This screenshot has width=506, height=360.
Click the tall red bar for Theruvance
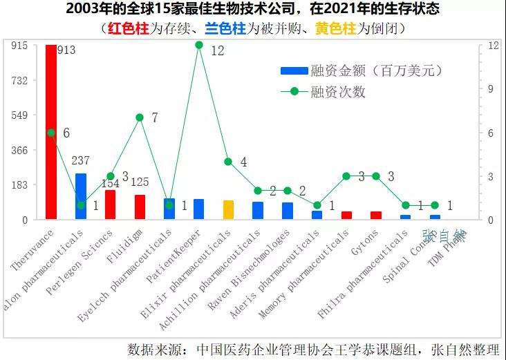[x=51, y=131]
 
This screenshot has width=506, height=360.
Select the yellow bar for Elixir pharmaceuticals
[x=228, y=210]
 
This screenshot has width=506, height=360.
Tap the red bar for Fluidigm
[x=140, y=207]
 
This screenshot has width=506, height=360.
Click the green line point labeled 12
[x=199, y=45]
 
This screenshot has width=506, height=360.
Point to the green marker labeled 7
[x=140, y=117]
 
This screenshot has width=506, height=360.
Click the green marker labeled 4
[x=228, y=162]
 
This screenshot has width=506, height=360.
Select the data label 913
[x=66, y=50]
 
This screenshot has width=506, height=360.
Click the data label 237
[x=81, y=161]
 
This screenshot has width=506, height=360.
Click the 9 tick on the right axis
[x=494, y=88]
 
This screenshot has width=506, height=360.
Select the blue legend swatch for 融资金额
[x=294, y=71]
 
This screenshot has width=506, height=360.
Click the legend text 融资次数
[x=338, y=91]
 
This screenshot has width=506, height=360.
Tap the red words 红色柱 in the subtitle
[x=127, y=28]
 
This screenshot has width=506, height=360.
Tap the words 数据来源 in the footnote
[x=152, y=349]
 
